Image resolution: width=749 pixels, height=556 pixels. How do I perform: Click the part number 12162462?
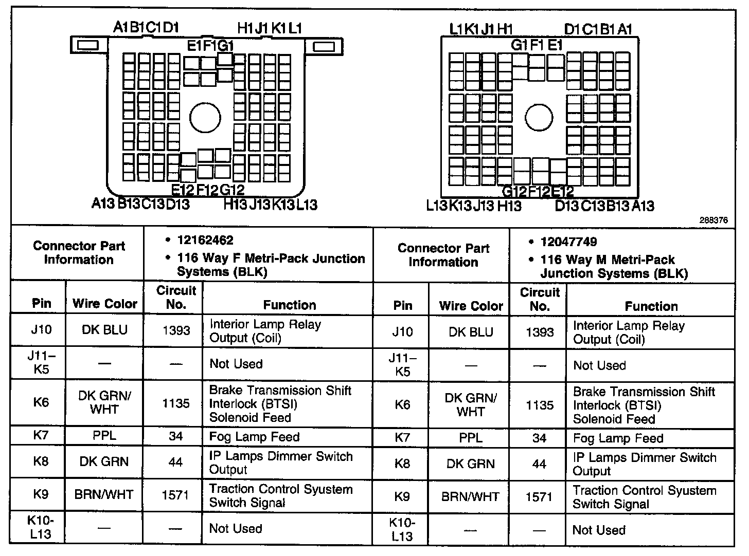[205, 240]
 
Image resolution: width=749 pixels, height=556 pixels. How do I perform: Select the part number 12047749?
[568, 242]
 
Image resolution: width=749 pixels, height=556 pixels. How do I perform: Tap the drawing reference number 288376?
[713, 220]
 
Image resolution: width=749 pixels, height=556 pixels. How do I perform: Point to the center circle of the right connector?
[539, 117]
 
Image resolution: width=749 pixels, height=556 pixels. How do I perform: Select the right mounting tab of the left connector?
[324, 47]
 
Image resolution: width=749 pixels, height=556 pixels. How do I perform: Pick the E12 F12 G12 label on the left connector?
[208, 190]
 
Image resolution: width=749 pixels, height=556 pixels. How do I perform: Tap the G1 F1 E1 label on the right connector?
[537, 45]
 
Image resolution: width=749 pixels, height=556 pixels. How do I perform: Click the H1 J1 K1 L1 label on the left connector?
[270, 28]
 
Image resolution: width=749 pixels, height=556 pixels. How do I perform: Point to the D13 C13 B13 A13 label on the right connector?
[604, 206]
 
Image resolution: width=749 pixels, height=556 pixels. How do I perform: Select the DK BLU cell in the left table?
[104, 330]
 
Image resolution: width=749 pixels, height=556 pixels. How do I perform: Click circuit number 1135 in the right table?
[539, 405]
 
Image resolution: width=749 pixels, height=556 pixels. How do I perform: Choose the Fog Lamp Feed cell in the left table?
[254, 437]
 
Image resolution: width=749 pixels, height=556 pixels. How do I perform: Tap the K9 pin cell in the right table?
[402, 496]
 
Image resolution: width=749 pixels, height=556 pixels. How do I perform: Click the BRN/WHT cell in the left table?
[104, 495]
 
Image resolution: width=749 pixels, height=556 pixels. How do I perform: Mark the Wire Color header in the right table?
[471, 306]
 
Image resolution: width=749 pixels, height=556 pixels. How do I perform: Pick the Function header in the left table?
[289, 305]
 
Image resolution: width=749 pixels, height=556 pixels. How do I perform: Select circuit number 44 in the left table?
[175, 462]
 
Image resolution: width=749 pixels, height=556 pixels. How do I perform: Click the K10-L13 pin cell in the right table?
[402, 529]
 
